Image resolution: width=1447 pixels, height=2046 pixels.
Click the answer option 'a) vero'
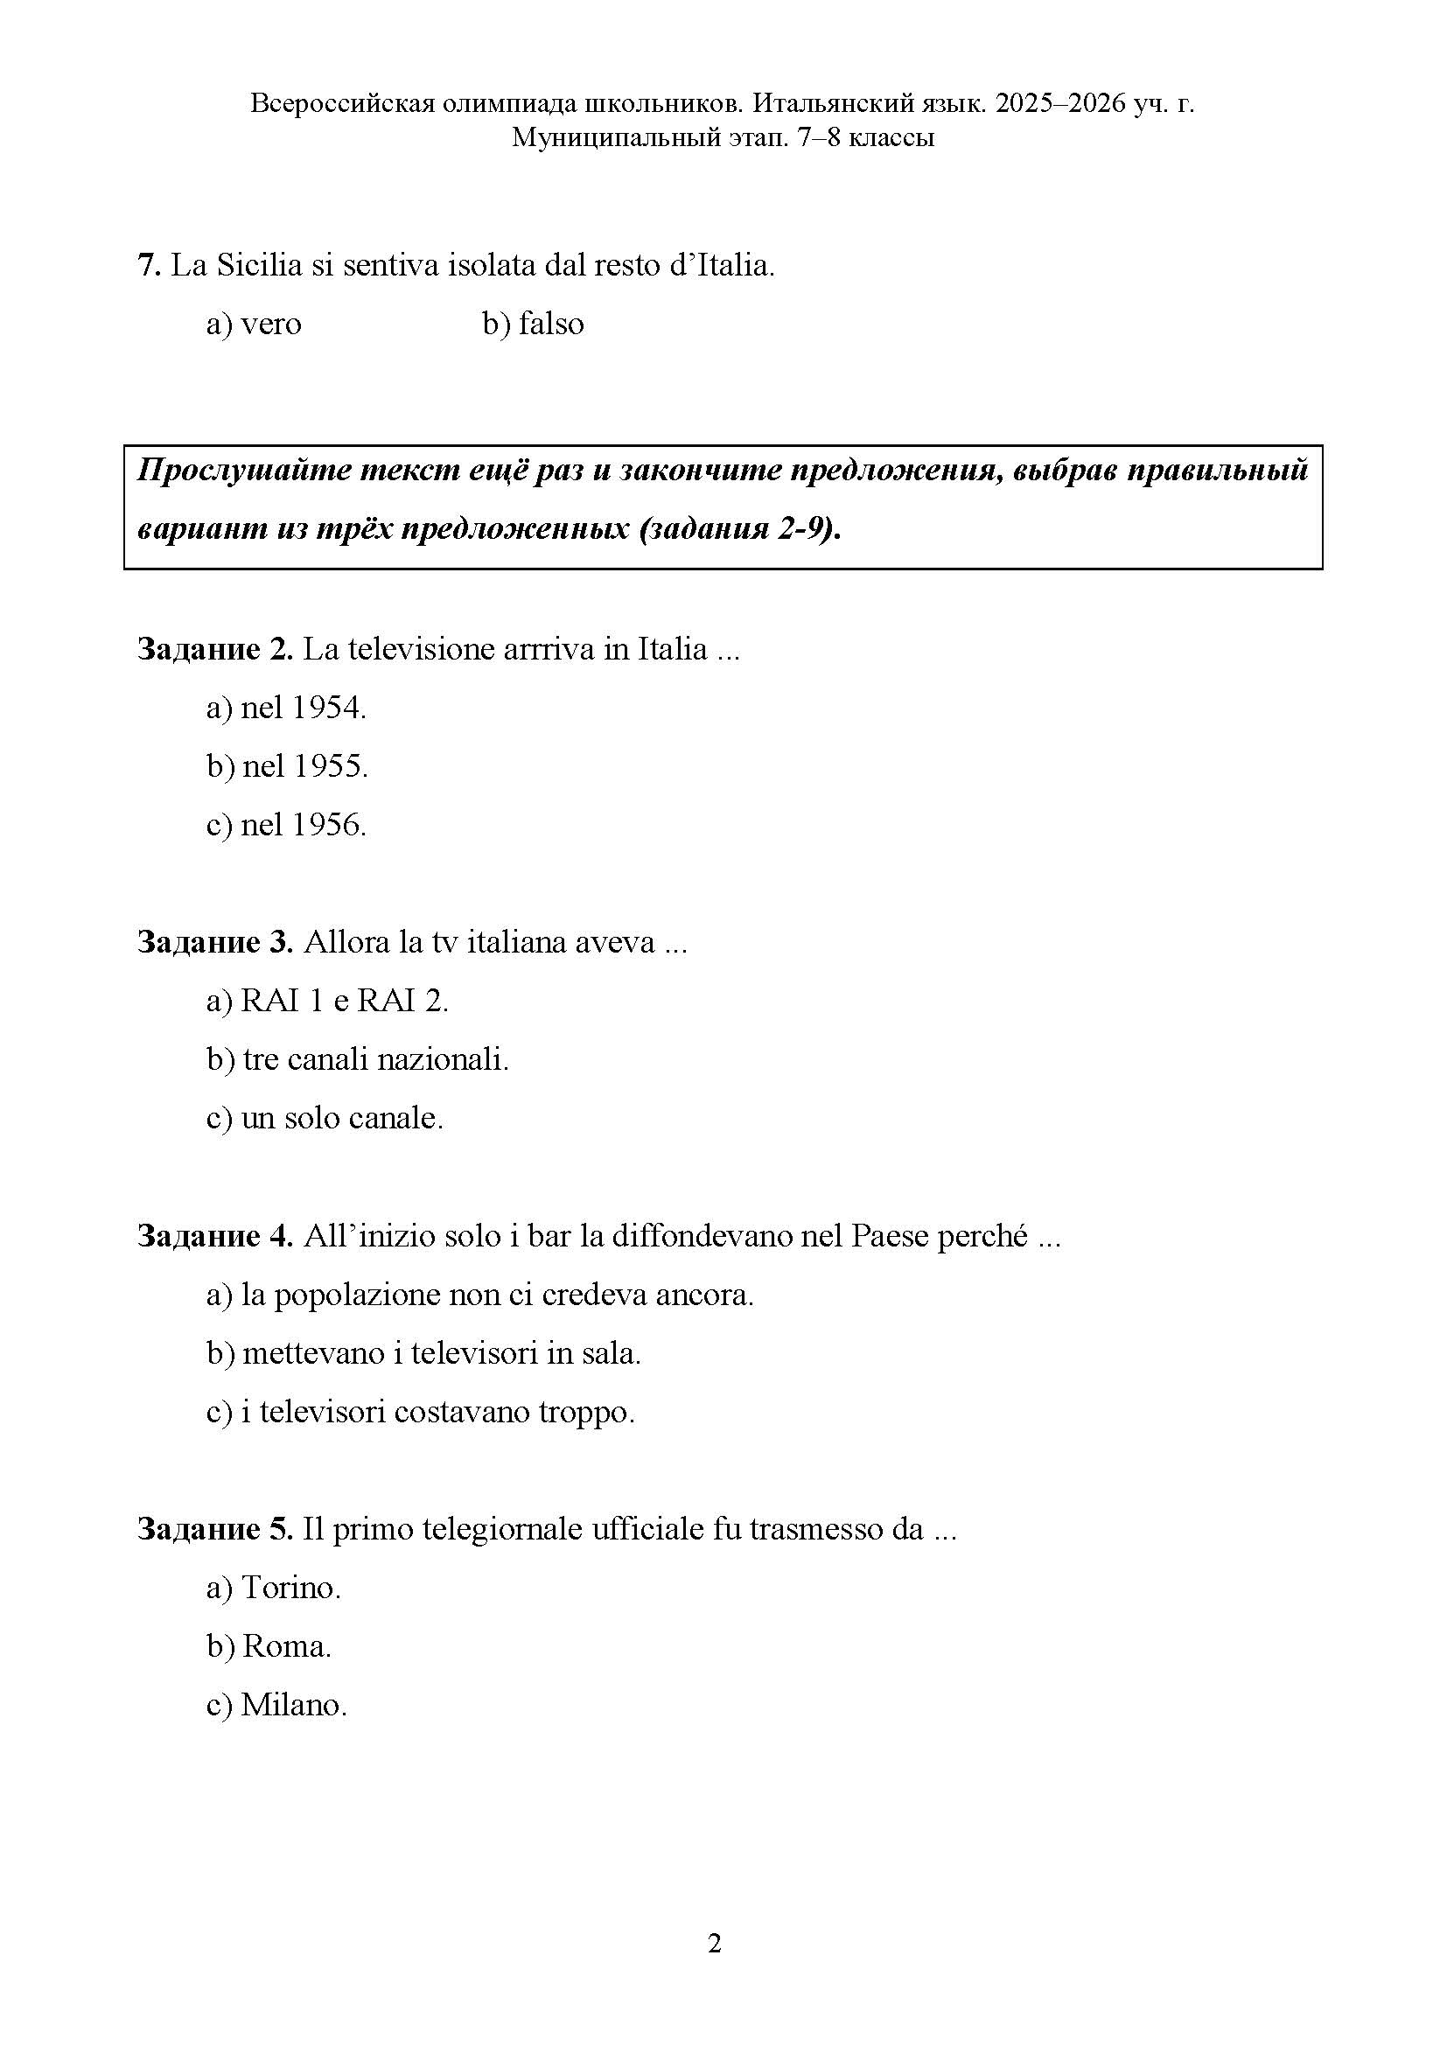click(254, 324)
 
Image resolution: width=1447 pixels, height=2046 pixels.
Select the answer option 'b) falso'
click(533, 324)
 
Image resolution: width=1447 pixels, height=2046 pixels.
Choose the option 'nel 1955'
click(287, 766)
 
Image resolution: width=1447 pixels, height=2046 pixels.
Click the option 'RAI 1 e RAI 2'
click(327, 1002)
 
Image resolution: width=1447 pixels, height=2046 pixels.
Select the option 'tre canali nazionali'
click(357, 1059)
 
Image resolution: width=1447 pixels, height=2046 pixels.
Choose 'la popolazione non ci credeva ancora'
click(479, 1295)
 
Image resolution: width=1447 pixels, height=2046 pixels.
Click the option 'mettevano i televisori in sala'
click(424, 1353)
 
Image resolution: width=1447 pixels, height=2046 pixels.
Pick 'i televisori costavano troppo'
click(421, 1413)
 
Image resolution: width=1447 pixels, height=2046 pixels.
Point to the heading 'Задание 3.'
click(214, 943)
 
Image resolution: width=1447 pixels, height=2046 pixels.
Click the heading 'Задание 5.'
click(214, 1530)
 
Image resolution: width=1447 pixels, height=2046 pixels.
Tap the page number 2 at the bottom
click(715, 1944)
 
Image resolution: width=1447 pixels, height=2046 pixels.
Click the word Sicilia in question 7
click(259, 266)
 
